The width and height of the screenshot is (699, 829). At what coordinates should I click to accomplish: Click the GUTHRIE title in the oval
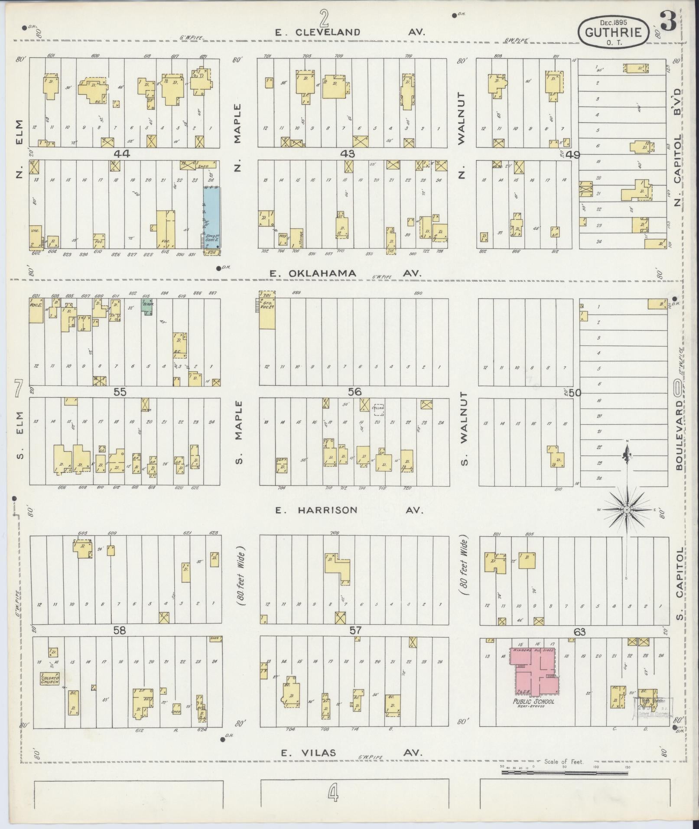(x=613, y=33)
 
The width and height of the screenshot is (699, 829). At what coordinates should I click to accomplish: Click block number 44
(x=122, y=153)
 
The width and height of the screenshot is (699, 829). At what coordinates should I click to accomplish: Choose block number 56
(x=354, y=392)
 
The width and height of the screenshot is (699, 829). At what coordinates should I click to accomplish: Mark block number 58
(x=119, y=631)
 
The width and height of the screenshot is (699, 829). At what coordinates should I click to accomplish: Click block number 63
(x=579, y=632)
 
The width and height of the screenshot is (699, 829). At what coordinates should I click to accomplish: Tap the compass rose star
(x=626, y=510)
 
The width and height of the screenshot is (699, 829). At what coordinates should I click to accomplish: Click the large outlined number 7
(x=18, y=388)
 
